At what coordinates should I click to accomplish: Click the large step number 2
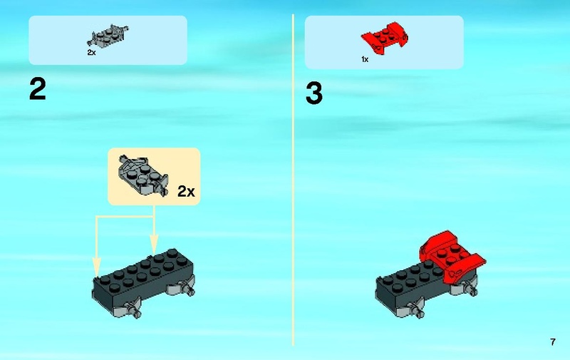(38, 89)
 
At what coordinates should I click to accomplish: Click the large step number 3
(314, 93)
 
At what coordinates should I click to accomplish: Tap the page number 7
(553, 341)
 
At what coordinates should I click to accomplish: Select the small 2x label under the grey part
(91, 52)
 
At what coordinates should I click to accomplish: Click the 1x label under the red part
(365, 59)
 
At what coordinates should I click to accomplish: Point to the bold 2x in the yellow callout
(186, 191)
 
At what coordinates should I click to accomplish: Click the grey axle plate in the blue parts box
(108, 36)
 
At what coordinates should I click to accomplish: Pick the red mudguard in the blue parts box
(384, 38)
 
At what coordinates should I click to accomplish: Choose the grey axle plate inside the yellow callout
(143, 175)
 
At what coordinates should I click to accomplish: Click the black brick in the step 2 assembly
(142, 278)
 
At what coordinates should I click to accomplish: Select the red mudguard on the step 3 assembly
(451, 257)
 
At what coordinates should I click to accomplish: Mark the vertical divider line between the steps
(293, 180)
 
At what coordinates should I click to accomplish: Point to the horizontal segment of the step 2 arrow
(125, 217)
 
